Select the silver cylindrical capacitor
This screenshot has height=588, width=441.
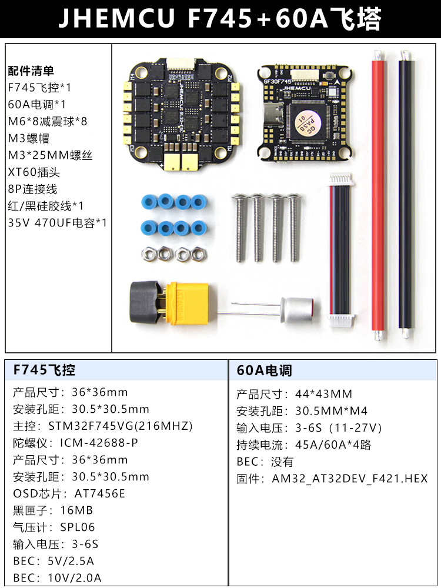coord(299,312)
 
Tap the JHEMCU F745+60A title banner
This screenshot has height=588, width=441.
coord(220,19)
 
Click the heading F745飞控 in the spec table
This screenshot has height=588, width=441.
coord(44,370)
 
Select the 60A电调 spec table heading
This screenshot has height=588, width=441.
coord(264,370)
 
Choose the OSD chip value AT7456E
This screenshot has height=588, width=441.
coord(100,493)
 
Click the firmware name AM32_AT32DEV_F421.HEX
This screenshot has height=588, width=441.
coord(349,479)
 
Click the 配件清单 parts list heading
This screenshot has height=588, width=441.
coord(31,71)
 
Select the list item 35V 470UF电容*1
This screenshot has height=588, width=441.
coord(58,223)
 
